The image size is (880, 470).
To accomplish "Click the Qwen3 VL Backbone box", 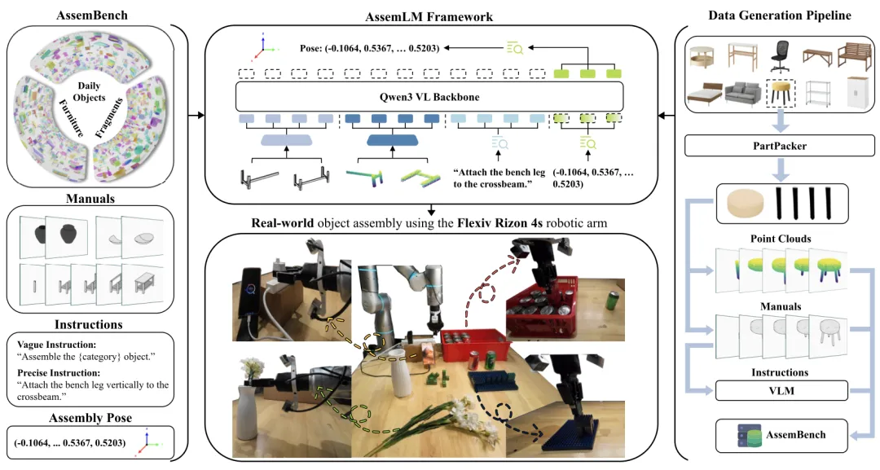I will click(430, 96).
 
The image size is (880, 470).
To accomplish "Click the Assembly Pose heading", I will click(89, 419).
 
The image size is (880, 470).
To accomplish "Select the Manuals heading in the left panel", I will click(89, 197).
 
